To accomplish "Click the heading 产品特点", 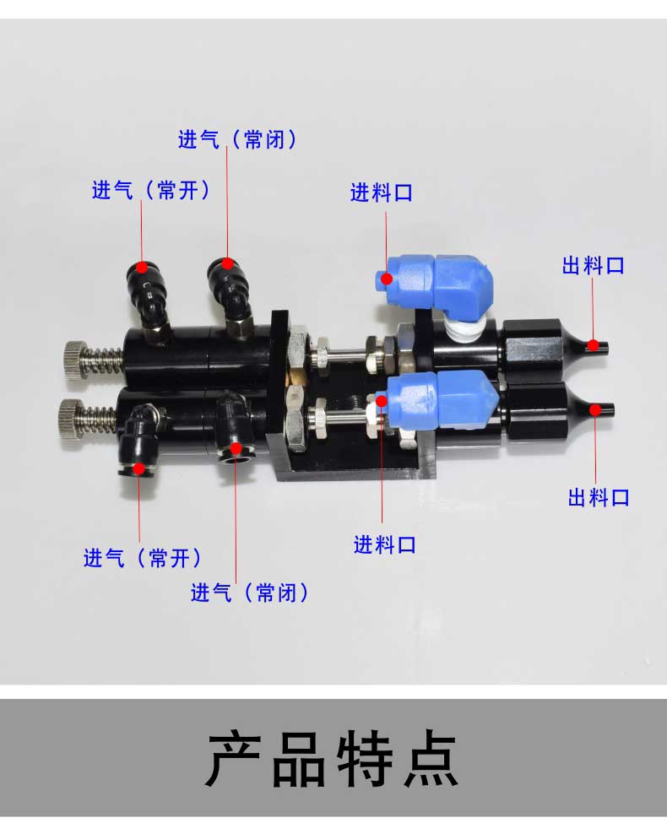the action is point(333,760).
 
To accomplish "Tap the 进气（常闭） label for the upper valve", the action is point(237,139).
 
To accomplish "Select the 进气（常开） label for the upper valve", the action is point(151,189).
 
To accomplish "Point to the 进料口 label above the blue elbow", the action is point(382,192).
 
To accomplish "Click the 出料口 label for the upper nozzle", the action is point(594,265).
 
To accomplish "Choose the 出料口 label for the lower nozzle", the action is point(599,497).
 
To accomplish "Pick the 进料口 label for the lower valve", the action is point(384,544).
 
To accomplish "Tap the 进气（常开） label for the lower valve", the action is point(143,557).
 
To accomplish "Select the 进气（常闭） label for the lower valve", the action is point(249,593).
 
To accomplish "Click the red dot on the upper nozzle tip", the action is point(593,345).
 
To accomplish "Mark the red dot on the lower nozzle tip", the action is point(595,410).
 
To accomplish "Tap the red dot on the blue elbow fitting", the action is point(386,279).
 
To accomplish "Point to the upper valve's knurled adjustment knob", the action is point(73,361).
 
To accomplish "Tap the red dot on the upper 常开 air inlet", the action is point(142,268).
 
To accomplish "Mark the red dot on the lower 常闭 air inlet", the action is point(236,448).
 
